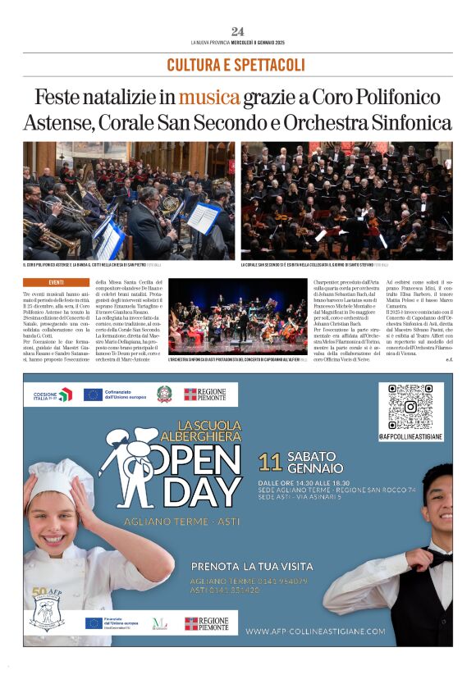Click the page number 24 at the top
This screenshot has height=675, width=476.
[x=237, y=31]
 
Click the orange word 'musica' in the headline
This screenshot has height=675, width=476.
[x=210, y=98]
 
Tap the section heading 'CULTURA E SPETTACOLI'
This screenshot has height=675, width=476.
[x=237, y=65]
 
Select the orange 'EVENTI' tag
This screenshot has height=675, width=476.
[x=56, y=282]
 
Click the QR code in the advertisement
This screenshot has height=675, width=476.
[x=410, y=408]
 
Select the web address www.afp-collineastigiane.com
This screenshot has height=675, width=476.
[x=315, y=631]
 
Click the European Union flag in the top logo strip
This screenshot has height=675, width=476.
[x=93, y=395]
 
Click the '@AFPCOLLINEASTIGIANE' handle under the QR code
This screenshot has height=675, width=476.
[x=410, y=437]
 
